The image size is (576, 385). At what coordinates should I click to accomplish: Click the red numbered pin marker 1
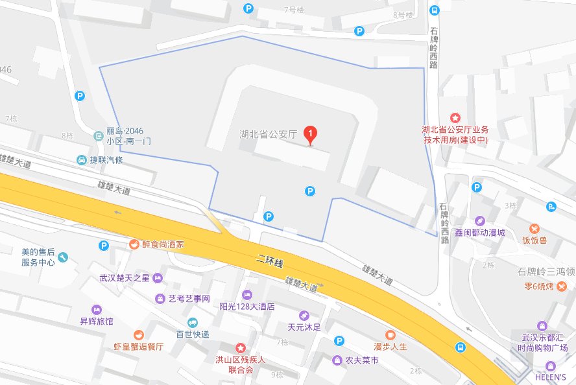pos(311,135)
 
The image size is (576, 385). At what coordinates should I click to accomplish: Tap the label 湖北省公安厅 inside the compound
pos(267,135)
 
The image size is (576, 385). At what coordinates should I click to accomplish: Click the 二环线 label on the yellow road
pos(271,261)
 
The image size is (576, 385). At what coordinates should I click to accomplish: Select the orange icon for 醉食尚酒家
pos(133,244)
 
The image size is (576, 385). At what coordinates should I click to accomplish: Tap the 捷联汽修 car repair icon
pos(82,160)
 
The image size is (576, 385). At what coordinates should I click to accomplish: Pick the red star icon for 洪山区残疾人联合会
pos(241,349)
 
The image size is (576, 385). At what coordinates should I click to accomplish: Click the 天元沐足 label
pos(304,327)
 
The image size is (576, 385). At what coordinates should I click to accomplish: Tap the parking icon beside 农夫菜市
pos(338,341)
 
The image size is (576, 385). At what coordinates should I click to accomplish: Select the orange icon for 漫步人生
pos(390,334)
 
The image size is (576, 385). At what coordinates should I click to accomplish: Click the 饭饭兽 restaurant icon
pos(534,229)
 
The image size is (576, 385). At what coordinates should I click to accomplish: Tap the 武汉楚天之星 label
pos(125,278)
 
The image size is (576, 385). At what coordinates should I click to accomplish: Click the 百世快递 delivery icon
pos(193,322)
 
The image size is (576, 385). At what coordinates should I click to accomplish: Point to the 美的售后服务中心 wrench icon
pos(63,257)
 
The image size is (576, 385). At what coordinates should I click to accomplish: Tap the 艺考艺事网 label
pos(189,299)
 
